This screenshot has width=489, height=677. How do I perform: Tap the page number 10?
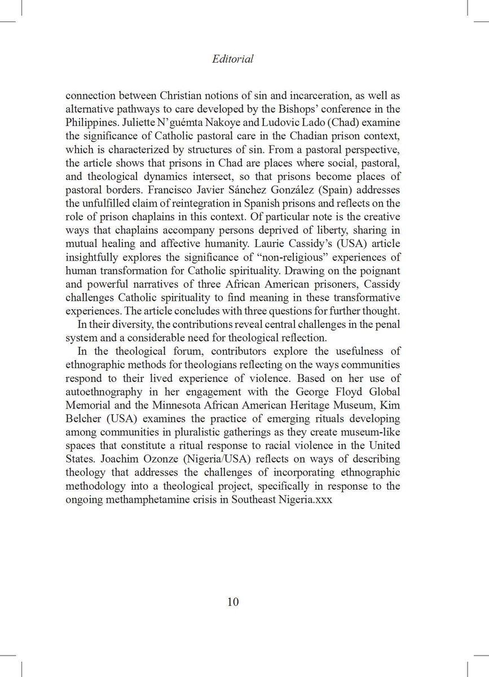(x=234, y=601)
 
